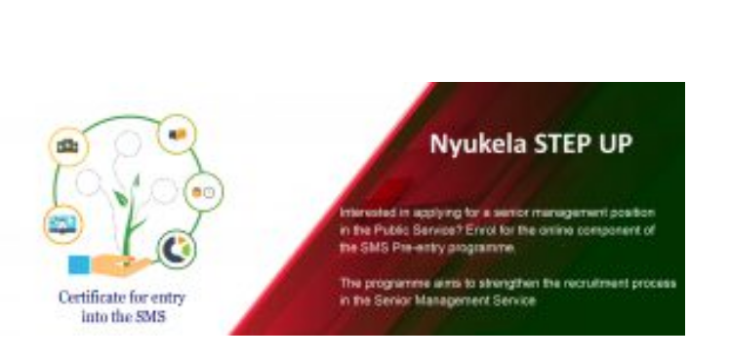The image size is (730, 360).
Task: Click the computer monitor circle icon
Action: (62, 225)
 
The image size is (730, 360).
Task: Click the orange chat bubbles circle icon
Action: (178, 134)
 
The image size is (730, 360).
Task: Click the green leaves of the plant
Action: (122, 200)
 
